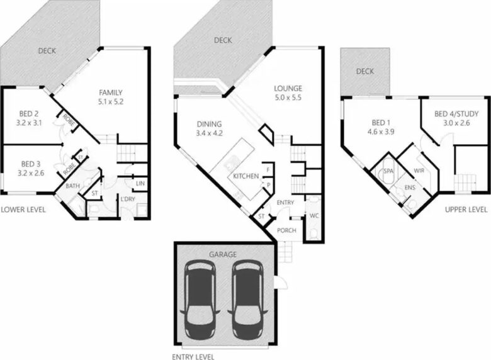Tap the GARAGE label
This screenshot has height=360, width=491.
tap(223, 254)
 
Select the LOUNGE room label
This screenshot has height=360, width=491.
tap(288, 89)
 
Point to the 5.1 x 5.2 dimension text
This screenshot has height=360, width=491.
tap(111, 102)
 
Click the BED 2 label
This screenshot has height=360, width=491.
tap(29, 114)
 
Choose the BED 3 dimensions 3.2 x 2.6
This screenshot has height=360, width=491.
tap(30, 173)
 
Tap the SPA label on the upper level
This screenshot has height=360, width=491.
tap(388, 171)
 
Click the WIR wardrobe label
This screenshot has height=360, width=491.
tap(419, 171)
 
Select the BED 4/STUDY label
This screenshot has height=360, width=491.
tap(456, 114)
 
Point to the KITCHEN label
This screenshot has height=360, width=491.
tap(246, 176)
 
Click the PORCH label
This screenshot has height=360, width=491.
tap(286, 230)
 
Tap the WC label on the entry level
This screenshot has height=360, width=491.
tap(314, 216)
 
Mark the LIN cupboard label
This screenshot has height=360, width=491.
tap(140, 183)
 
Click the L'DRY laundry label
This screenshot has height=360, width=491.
tap(128, 199)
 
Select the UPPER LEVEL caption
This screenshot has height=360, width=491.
tap(466, 210)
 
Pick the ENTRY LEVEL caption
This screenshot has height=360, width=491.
tap(193, 357)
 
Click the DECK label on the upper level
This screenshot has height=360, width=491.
tap(365, 71)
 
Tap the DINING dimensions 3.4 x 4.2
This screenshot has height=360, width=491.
tap(210, 133)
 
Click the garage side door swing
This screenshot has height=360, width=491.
tap(282, 283)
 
